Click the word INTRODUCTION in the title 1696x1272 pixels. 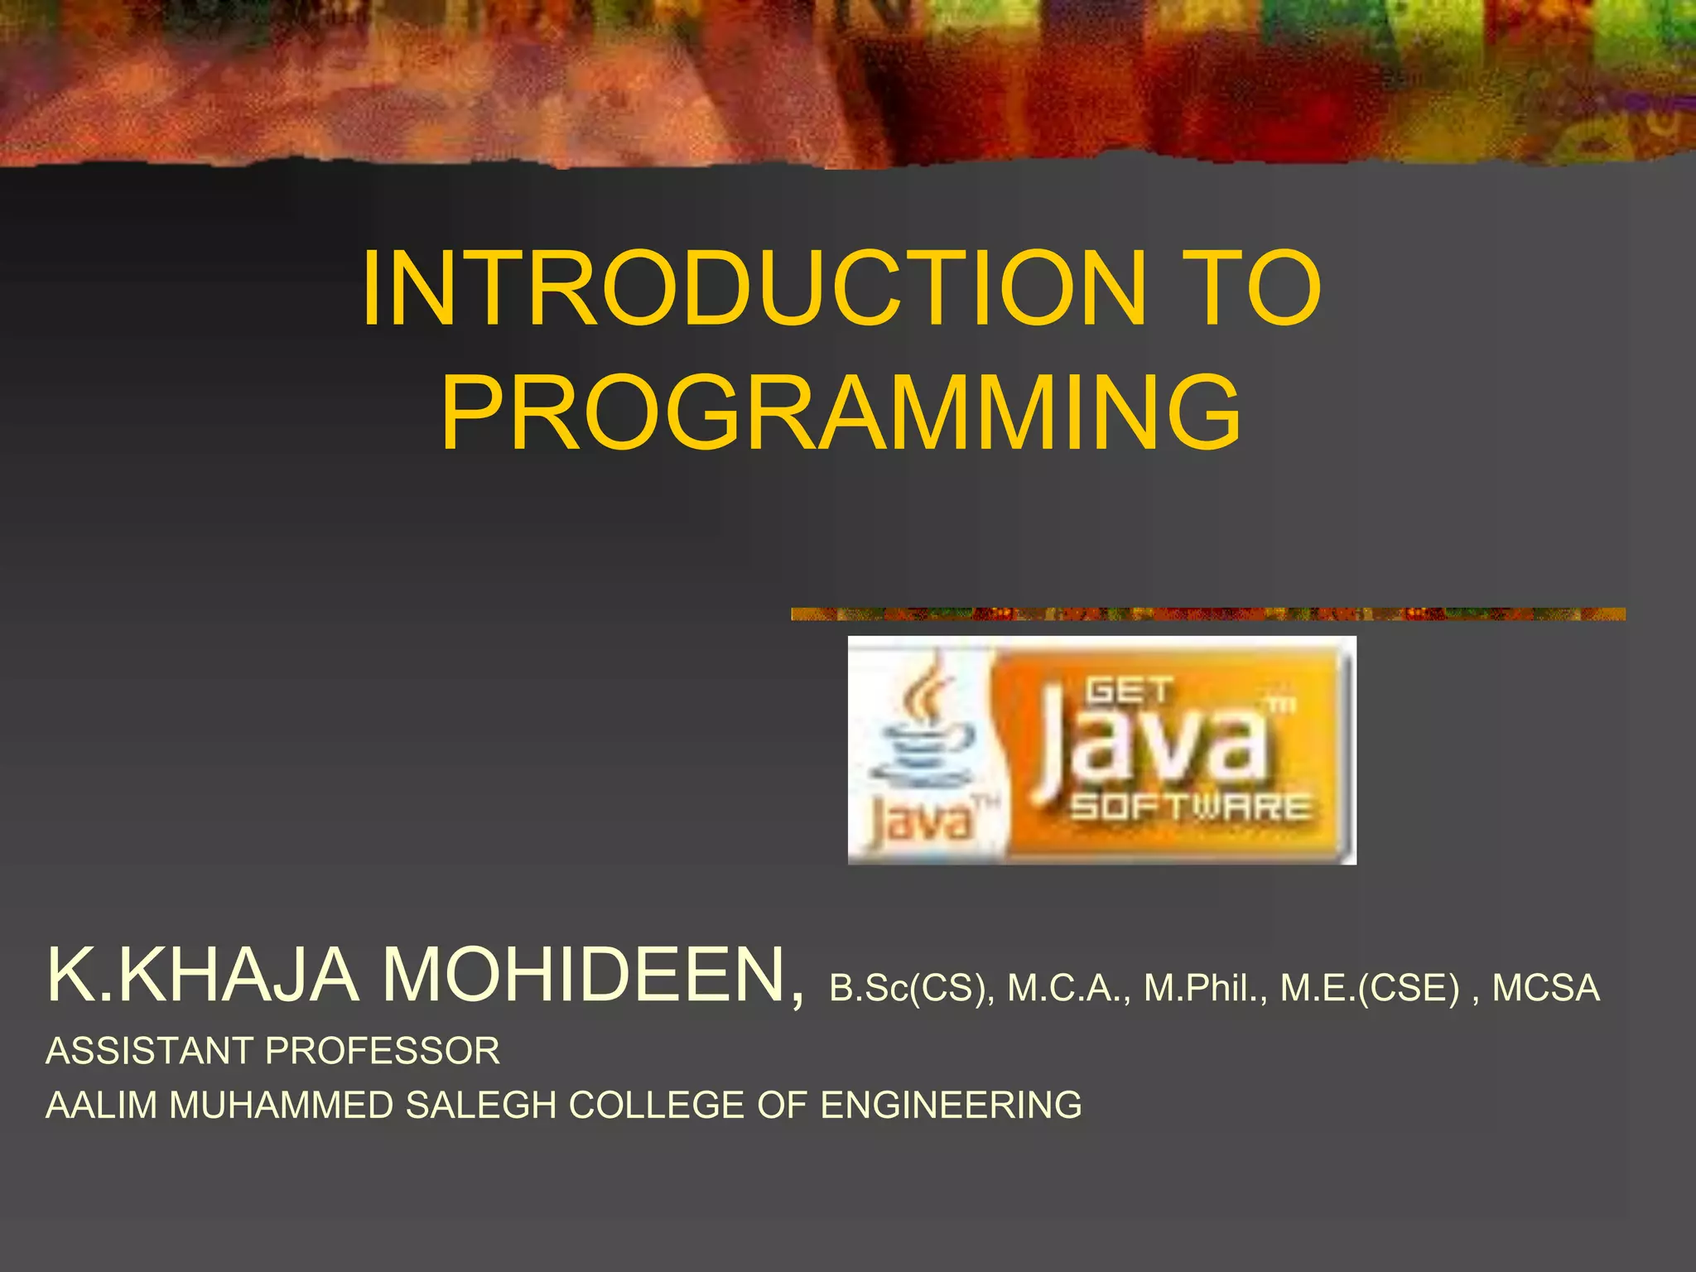pyautogui.click(x=754, y=288)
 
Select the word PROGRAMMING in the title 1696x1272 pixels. pyautogui.click(x=841, y=412)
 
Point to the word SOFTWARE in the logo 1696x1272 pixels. pyautogui.click(x=1191, y=807)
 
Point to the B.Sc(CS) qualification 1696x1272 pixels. pyautogui.click(x=912, y=988)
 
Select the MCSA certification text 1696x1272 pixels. pyautogui.click(x=1545, y=988)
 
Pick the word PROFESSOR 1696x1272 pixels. pyautogui.click(x=383, y=1051)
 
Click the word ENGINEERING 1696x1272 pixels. pyautogui.click(x=951, y=1106)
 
